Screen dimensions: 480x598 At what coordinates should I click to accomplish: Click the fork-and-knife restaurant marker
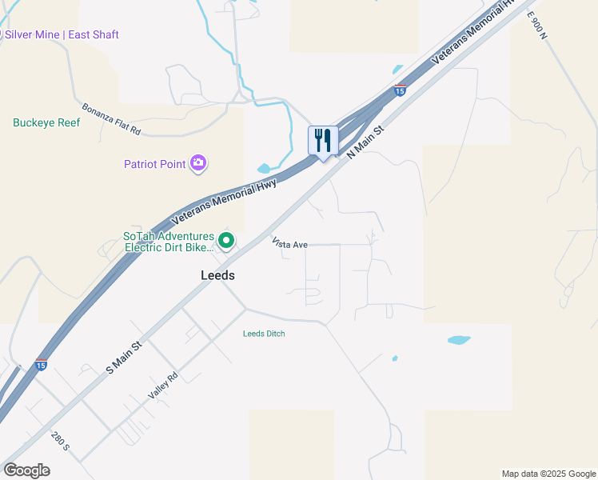coord(323,141)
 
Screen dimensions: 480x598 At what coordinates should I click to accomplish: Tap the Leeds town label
coord(217,274)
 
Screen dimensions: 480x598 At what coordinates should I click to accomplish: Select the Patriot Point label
coord(155,165)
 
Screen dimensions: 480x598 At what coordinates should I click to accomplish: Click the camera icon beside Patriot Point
coord(198,164)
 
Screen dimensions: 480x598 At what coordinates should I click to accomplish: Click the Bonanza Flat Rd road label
coord(111,118)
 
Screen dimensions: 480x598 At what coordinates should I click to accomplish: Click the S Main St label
coord(124,357)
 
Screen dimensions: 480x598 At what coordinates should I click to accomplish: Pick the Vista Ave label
coord(289,242)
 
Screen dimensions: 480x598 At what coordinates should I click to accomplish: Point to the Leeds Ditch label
coord(264,334)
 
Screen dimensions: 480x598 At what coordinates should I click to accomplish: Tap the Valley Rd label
coord(162,388)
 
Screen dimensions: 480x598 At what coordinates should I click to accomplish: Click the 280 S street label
coord(61,442)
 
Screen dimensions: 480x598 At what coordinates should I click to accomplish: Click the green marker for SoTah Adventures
coord(226,240)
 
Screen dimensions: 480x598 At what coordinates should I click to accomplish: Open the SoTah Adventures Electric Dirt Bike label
coord(169,242)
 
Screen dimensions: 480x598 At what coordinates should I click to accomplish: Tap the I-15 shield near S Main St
coord(42,366)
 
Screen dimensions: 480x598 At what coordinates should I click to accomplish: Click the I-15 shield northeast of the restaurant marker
coord(400,91)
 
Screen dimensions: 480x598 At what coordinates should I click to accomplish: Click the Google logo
coord(26,470)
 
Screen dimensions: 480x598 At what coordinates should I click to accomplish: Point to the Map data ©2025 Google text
coord(548,474)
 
